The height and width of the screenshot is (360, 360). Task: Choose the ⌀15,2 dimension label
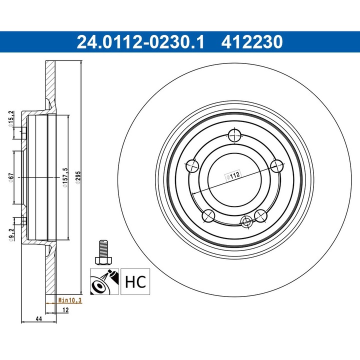click(10, 118)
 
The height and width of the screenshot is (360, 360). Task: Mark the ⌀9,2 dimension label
click(10, 232)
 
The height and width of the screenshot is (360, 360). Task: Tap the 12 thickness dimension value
click(64, 310)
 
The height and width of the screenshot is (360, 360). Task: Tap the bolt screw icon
click(102, 253)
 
